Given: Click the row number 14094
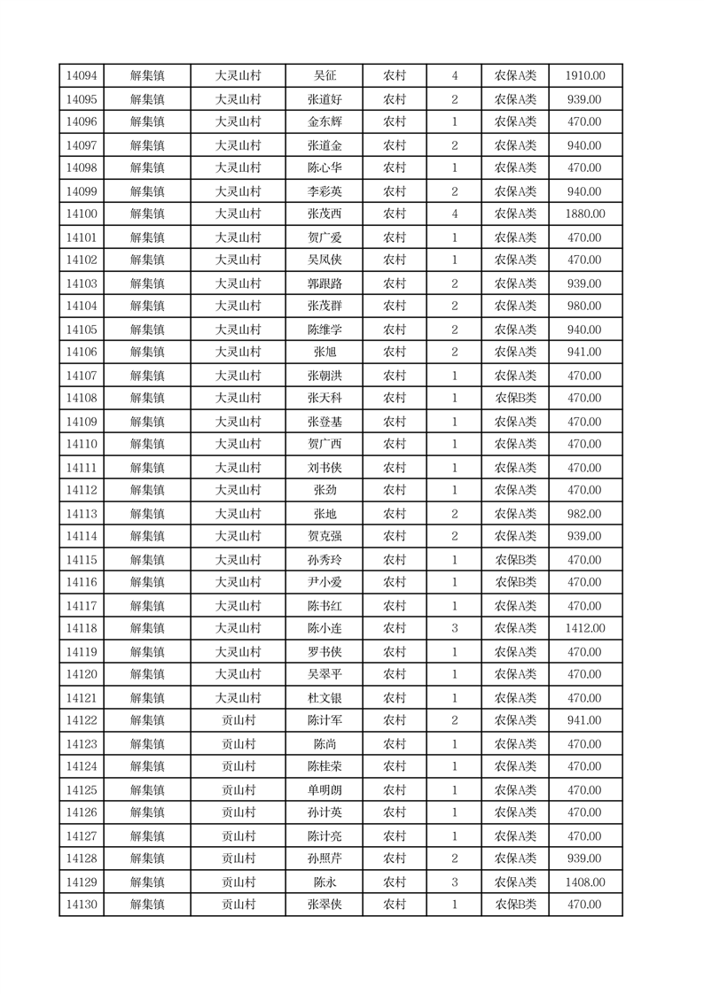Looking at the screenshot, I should click(82, 76).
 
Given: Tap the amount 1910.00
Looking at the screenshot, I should click(584, 76).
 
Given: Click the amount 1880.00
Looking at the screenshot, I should click(584, 214).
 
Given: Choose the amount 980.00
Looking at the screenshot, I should click(584, 306).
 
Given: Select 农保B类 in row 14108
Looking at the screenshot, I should click(515, 399).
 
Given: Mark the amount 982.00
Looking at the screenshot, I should click(584, 514).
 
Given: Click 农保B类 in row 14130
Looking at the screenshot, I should click(515, 905).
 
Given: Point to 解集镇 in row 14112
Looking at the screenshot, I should click(147, 490).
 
